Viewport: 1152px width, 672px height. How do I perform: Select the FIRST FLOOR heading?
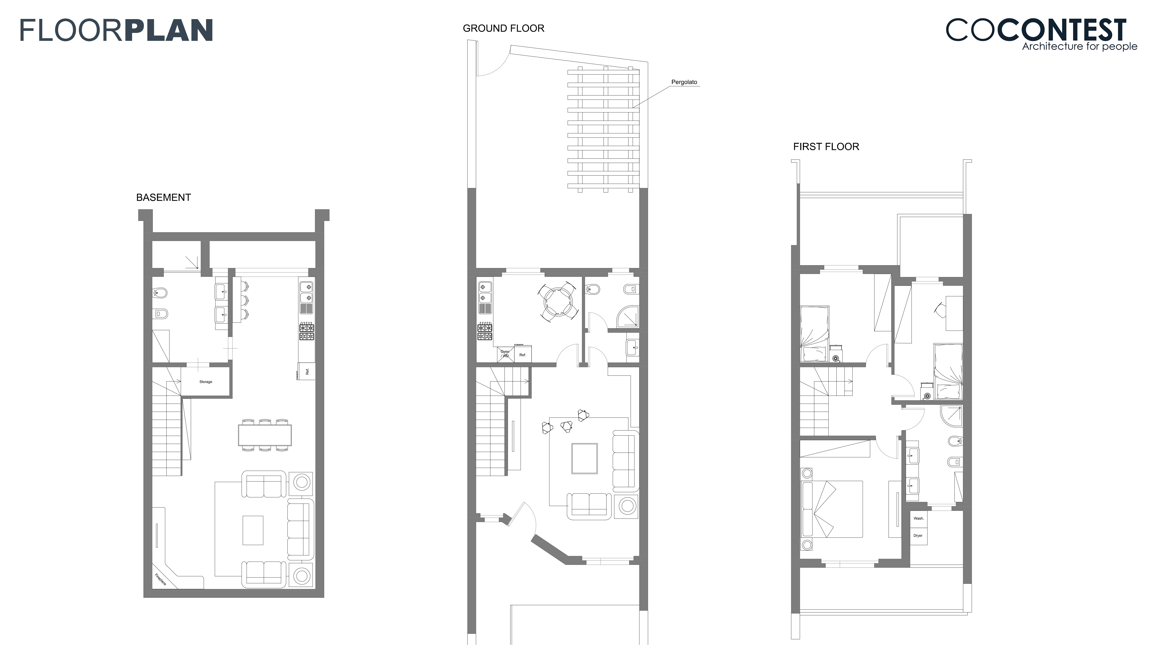click(826, 147)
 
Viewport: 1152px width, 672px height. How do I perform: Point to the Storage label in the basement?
click(206, 382)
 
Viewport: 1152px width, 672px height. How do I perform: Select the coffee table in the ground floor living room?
click(584, 458)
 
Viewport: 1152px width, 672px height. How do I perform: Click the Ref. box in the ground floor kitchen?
click(522, 354)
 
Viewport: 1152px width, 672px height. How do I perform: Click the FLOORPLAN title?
click(117, 30)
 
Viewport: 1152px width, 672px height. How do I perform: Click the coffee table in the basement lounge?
click(253, 530)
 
